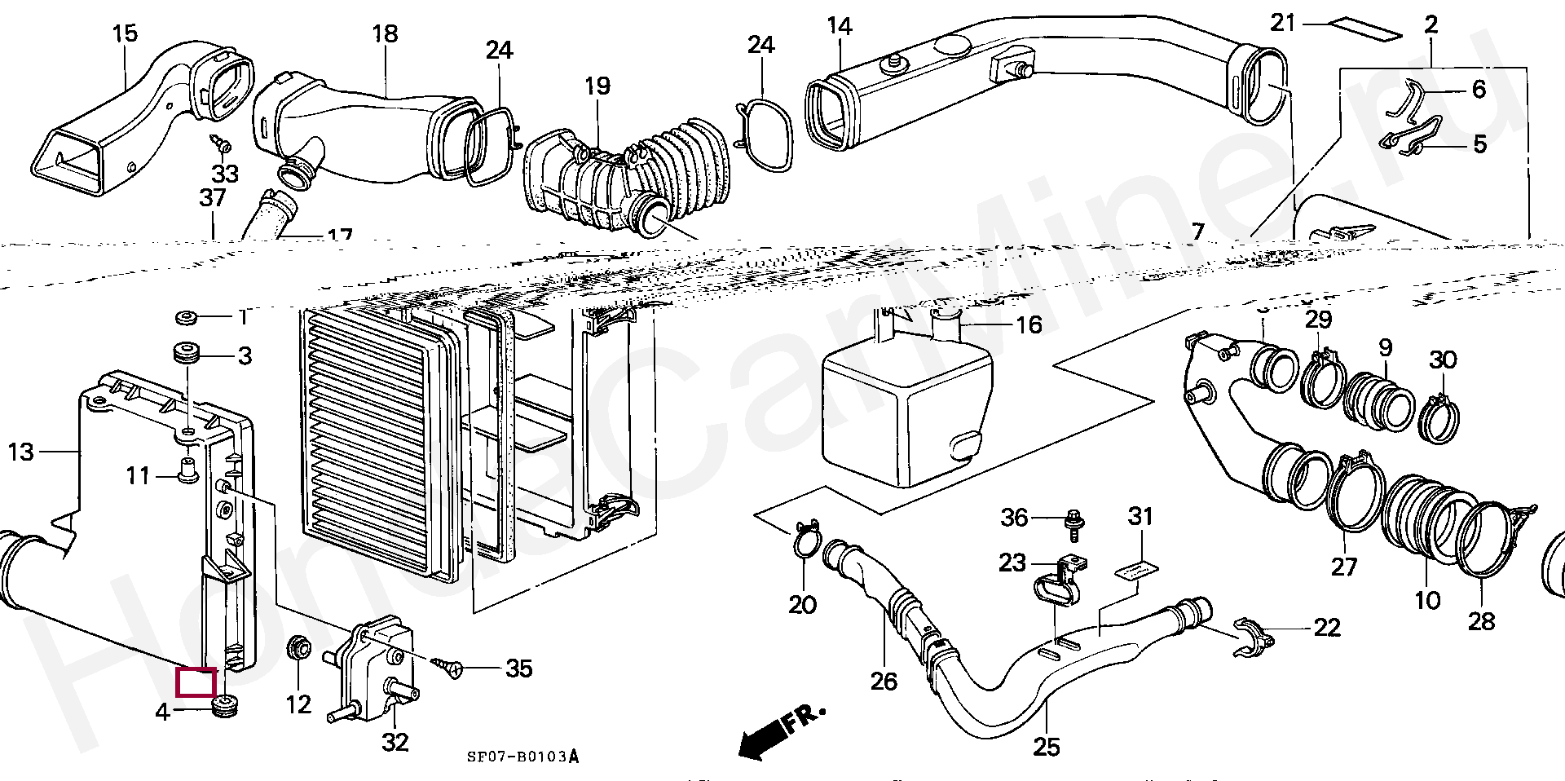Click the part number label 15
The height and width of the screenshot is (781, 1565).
coord(125,34)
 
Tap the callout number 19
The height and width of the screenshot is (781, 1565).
coord(597,86)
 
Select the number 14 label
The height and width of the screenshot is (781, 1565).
coord(839,27)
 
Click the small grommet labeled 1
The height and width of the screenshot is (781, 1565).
coord(185,316)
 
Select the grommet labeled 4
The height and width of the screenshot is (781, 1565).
coord(223,706)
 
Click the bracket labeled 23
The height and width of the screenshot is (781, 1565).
coord(1061,580)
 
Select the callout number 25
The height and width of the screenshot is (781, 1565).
coord(1047,746)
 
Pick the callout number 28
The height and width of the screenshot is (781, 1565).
coord(1481,621)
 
